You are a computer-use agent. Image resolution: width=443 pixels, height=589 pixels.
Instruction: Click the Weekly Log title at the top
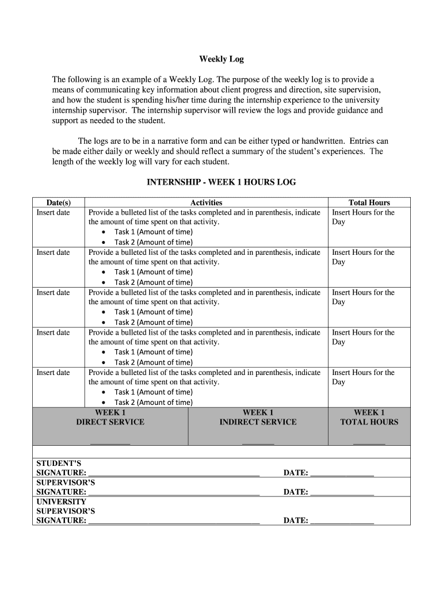[221, 59]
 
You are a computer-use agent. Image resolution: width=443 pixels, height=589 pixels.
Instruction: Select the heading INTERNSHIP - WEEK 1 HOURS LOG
[221, 182]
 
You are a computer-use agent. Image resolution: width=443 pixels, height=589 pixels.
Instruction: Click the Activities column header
[206, 202]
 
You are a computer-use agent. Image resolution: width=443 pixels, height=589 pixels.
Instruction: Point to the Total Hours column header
[369, 202]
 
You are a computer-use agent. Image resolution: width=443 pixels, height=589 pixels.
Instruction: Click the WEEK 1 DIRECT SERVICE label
[110, 417]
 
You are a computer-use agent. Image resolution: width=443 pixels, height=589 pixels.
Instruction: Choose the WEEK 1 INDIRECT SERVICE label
[258, 417]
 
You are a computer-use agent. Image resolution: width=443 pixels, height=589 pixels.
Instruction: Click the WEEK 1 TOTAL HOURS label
[369, 417]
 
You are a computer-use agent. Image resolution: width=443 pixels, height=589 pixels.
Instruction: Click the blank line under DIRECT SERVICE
[110, 443]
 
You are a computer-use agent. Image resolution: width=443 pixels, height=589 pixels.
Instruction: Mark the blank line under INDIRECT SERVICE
[258, 443]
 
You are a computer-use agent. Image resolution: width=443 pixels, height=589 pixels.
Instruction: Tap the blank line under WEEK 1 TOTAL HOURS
[369, 443]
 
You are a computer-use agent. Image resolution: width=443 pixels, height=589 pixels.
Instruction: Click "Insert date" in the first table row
[53, 213]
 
